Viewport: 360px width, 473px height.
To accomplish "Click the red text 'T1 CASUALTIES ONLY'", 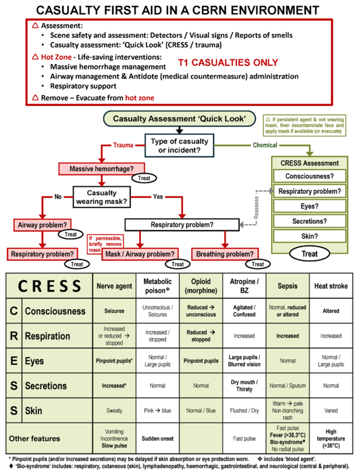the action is coord(228,62).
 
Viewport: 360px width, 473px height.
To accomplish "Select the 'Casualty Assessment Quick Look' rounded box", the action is coord(179,118).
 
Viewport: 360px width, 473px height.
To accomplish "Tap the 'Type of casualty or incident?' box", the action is coord(179,146).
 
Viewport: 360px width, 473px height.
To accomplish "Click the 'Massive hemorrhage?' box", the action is coord(101,169).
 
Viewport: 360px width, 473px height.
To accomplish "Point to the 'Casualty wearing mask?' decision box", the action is coord(101,197).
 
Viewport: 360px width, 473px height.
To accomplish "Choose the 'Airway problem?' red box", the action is coord(42,225).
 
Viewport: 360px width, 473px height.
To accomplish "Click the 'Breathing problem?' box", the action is coord(225,254).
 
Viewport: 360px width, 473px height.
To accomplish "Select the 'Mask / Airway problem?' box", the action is coord(140,254).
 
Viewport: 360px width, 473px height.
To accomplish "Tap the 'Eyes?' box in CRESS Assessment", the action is coord(310,207).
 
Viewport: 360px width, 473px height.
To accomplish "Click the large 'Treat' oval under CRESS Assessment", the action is coord(310,254).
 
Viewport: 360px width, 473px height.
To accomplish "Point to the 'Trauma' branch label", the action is coord(123,145).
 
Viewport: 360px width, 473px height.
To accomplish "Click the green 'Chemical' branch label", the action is coord(265,145).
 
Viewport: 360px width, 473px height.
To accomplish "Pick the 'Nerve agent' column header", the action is coord(114,286).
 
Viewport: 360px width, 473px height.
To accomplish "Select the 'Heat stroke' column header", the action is coord(331,286).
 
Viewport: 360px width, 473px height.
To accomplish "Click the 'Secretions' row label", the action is coord(46,386).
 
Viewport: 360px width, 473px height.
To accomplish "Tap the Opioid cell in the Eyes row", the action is coord(201,361).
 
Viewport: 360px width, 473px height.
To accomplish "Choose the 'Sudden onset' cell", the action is coord(158,439).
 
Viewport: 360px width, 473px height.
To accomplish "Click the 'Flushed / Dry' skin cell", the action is coord(245,411).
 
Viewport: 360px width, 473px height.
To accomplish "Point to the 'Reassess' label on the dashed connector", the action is coord(257,208).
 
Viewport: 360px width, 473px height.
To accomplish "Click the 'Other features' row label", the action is coord(34,439).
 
